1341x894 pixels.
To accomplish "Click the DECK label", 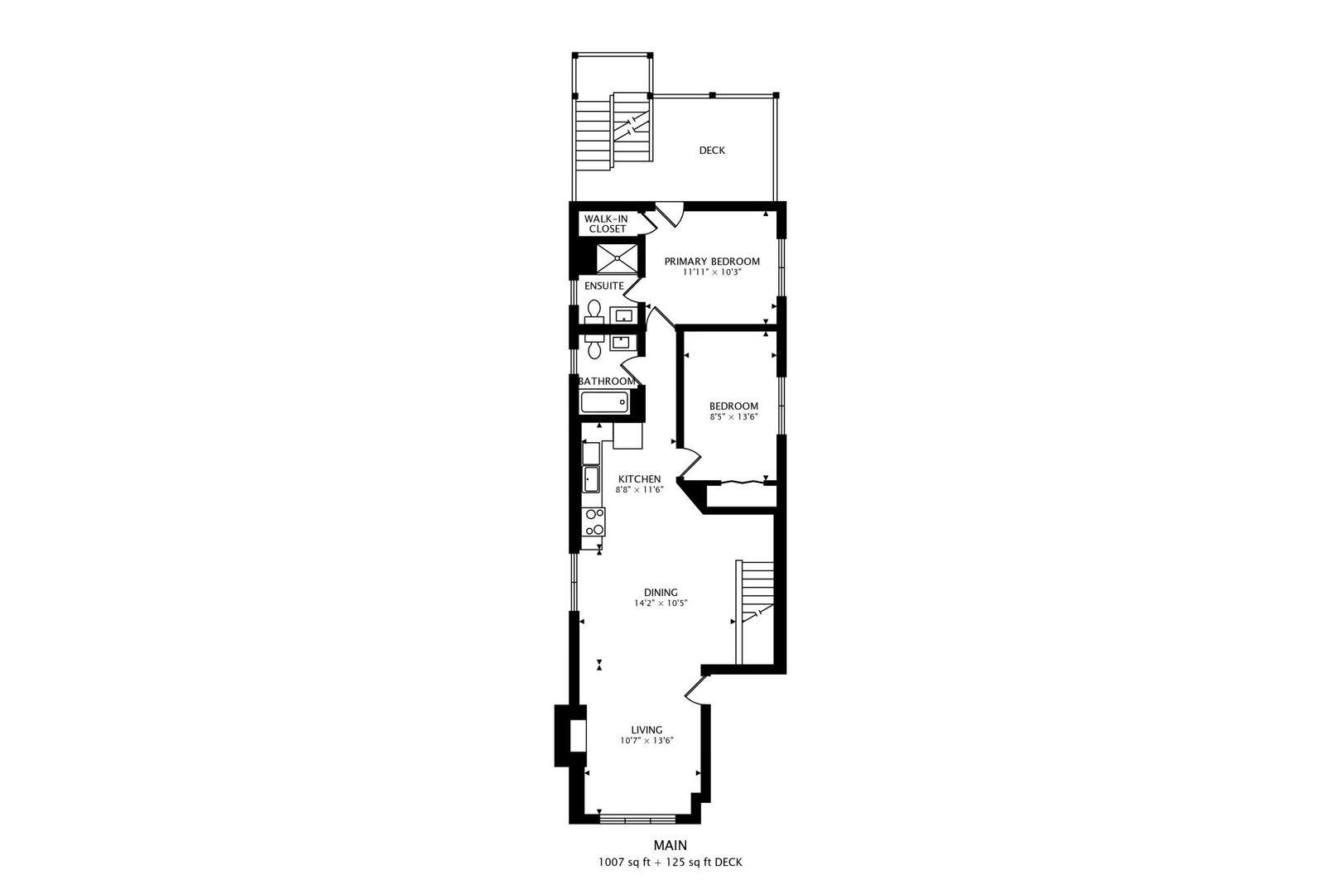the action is [712, 151].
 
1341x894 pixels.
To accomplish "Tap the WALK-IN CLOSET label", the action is [607, 224].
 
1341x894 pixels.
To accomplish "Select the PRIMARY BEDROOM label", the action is [712, 262].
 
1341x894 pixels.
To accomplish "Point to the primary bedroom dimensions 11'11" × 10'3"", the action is [712, 272].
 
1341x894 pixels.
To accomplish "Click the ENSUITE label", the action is [604, 286].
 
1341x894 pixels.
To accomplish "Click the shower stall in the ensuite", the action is [617, 258].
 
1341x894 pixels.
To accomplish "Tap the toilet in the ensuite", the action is [594, 312].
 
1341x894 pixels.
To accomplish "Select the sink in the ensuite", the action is [623, 315].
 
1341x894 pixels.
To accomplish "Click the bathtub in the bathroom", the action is [604, 401].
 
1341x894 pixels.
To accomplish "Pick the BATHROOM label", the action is [607, 382].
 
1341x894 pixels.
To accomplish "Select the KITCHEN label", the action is [639, 479].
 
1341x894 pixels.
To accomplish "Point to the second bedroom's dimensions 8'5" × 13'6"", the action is [734, 416].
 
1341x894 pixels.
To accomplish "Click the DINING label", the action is [661, 593].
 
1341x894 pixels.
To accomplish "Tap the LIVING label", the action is [646, 730].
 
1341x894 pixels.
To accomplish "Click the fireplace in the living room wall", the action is [570, 736].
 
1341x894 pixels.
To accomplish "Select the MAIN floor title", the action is [670, 845].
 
